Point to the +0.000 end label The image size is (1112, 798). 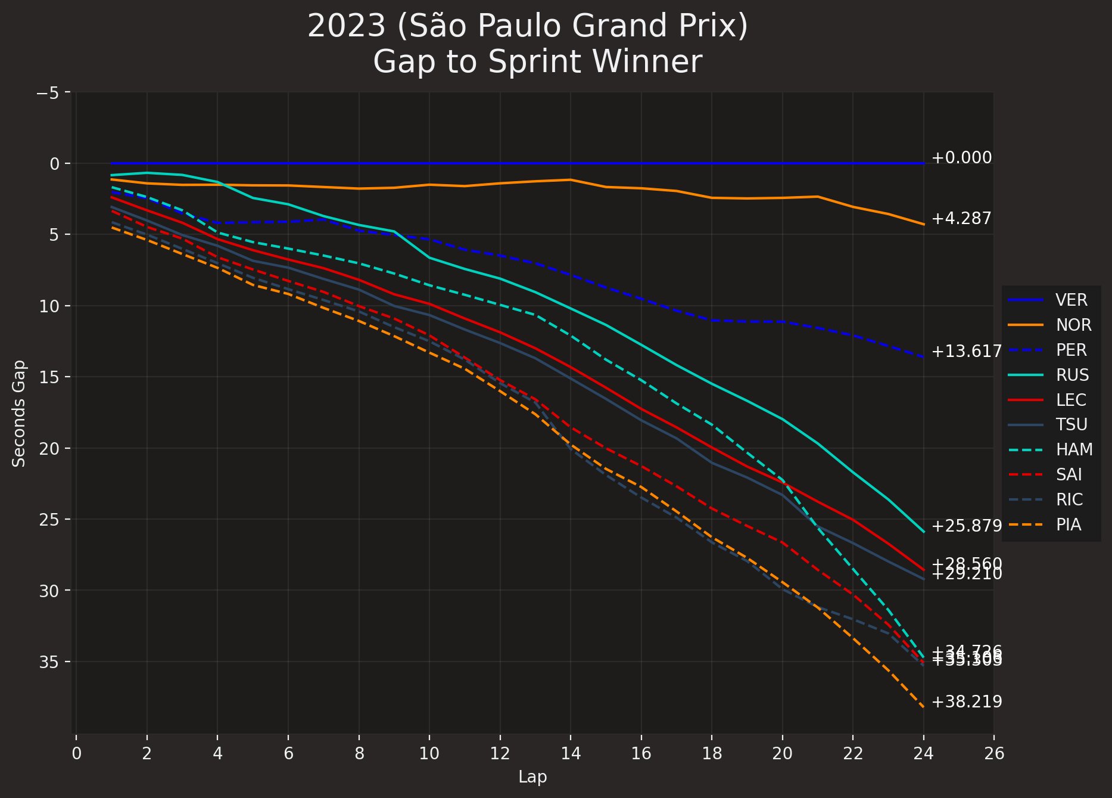click(x=961, y=158)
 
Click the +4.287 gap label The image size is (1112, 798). click(x=961, y=219)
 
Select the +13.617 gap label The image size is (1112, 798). click(x=966, y=352)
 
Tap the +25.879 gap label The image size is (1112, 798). click(x=966, y=526)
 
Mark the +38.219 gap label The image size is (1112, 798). click(x=966, y=702)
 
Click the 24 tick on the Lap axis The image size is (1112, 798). click(x=923, y=754)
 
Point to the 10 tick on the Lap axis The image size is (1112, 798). click(x=429, y=754)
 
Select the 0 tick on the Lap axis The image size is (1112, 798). click(x=76, y=754)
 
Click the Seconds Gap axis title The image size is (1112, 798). click(x=19, y=413)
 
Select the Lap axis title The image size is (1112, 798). click(x=532, y=777)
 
